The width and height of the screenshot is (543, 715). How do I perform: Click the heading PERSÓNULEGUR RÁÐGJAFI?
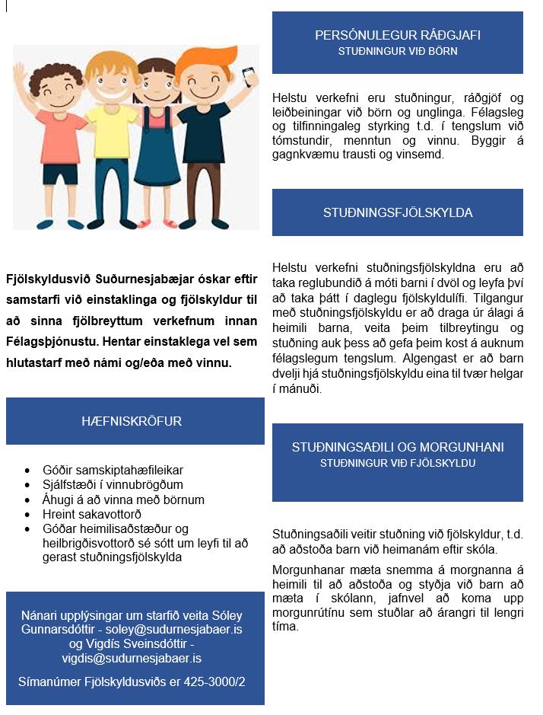[x=397, y=35]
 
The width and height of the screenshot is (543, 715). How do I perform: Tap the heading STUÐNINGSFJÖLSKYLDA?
[x=397, y=212]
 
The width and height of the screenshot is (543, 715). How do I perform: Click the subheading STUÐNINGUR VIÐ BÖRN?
[x=397, y=52]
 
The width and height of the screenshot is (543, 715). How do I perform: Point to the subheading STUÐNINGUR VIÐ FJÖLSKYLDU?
[x=397, y=463]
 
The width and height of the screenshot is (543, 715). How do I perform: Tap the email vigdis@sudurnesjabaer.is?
[x=135, y=658]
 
